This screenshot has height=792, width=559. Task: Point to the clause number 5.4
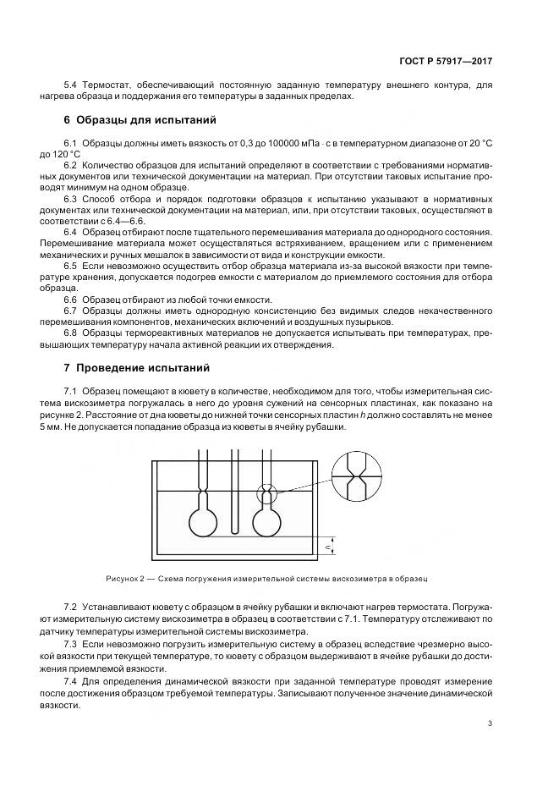[x=71, y=85]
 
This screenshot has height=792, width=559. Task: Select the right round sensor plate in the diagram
[x=269, y=520]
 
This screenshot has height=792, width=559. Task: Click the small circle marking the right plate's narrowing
[x=268, y=490]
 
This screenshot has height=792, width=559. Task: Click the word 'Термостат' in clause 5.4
[x=105, y=85]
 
